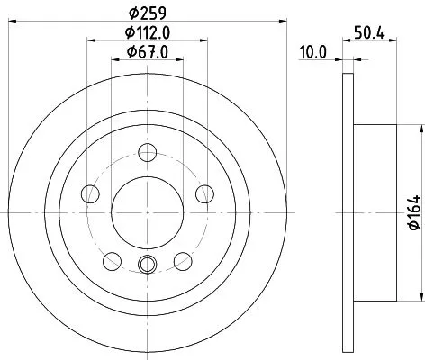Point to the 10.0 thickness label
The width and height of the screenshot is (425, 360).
(312, 53)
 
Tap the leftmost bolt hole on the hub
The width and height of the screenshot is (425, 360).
(89, 193)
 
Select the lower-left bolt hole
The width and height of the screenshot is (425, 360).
(112, 261)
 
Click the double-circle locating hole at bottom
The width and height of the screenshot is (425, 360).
(149, 264)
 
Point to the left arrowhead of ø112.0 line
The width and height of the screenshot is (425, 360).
(92, 40)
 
